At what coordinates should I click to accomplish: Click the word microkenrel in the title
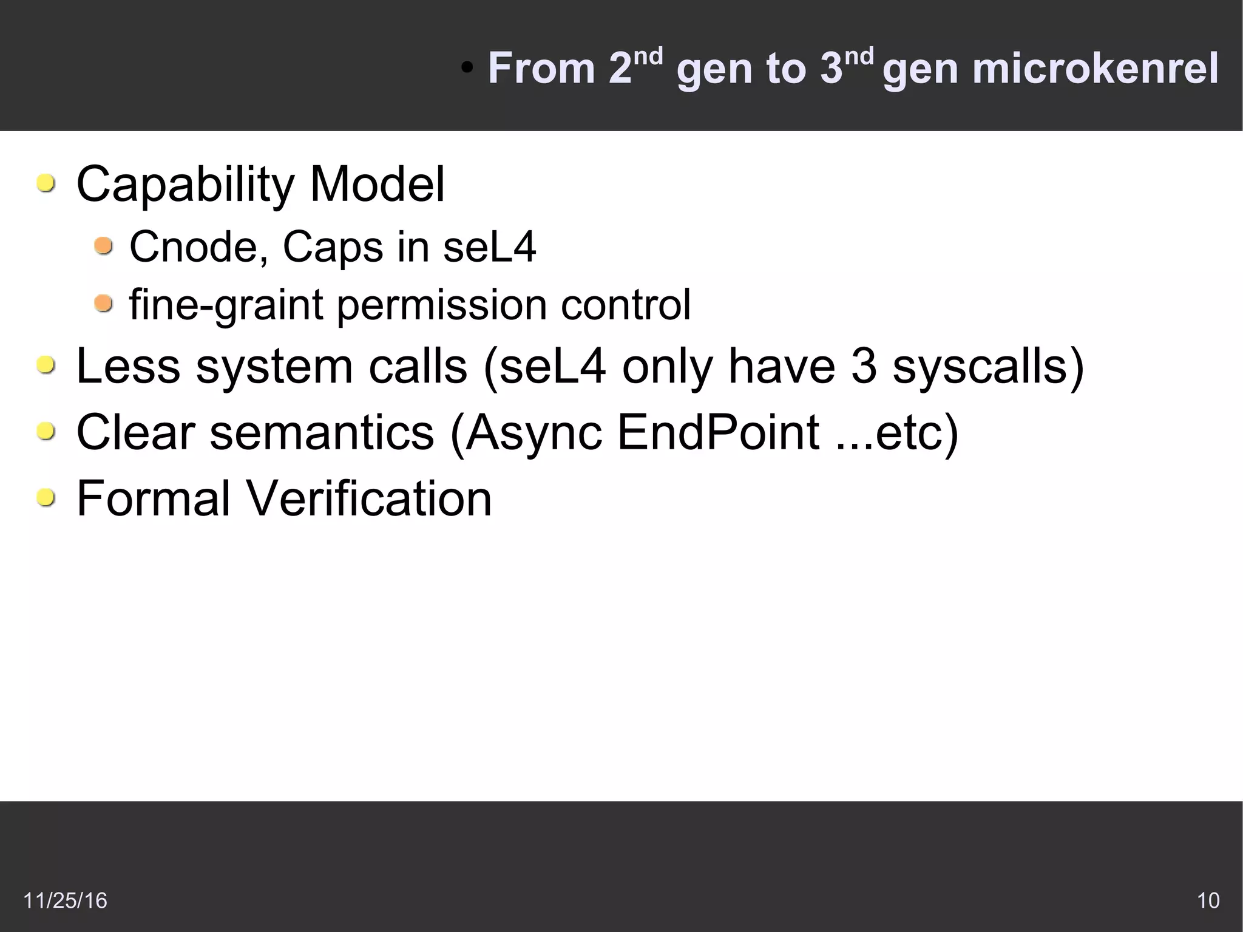1095,68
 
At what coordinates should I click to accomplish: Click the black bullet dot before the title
466,69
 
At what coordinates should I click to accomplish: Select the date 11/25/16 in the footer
65,900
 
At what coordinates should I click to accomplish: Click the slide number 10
1208,900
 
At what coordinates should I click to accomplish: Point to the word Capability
185,185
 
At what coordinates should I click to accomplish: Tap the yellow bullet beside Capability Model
46,183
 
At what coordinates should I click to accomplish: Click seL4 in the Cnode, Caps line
489,248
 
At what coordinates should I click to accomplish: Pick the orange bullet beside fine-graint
104,303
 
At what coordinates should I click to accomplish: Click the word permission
442,304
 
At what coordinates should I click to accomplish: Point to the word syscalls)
988,367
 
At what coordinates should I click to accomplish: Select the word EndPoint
718,432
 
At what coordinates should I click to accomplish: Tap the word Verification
368,498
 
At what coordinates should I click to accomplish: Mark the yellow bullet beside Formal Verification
46,498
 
